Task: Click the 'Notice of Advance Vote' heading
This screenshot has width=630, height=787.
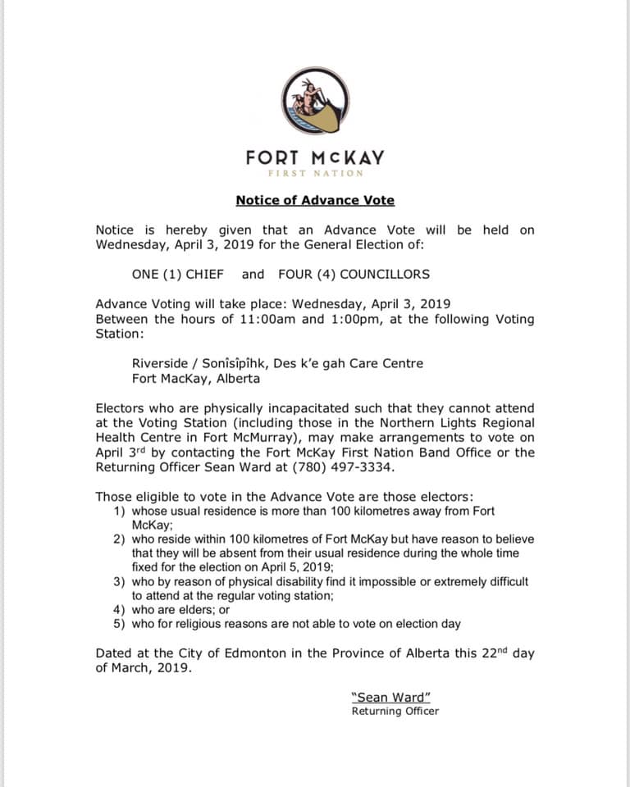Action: [x=315, y=200]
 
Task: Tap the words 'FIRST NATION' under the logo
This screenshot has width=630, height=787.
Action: [x=315, y=173]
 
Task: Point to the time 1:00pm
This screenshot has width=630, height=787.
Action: [x=354, y=319]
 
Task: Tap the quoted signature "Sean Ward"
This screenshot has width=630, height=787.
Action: [x=391, y=698]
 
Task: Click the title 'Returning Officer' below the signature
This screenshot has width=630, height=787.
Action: [x=395, y=712]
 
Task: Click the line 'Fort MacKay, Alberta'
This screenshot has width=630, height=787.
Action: [x=196, y=379]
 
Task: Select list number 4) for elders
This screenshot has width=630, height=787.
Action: [x=118, y=610]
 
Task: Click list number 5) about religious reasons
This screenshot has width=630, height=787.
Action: [x=118, y=624]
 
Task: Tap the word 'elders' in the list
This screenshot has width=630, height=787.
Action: [x=191, y=610]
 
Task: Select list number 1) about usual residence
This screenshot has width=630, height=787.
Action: [x=118, y=512]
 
